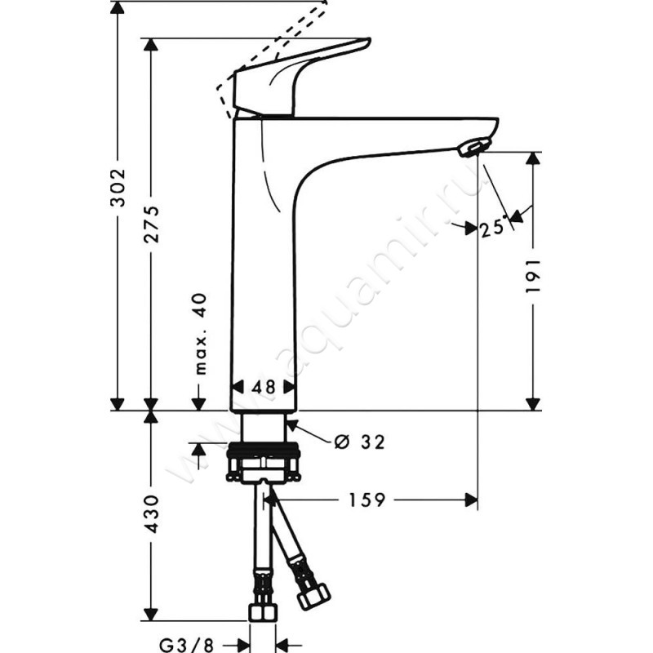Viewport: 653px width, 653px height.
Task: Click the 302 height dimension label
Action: coord(118,189)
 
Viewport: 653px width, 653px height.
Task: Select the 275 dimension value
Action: coord(150,224)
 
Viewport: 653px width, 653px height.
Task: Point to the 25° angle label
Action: coord(492,228)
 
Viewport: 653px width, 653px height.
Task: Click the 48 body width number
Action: coord(262,387)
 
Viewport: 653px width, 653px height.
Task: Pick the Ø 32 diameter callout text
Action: coord(359,442)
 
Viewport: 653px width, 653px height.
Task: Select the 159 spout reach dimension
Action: coord(367,500)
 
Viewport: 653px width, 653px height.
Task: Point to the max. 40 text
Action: coord(198,335)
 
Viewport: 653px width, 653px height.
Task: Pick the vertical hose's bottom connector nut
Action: coord(263,612)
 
